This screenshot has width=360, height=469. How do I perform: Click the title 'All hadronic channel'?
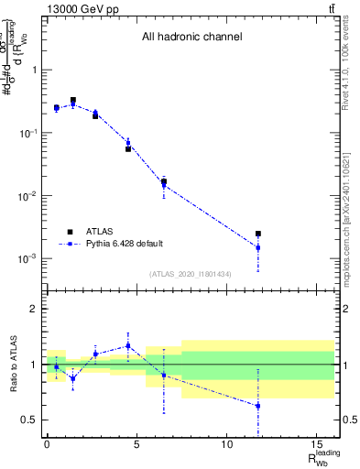pyautogui.click(x=191, y=38)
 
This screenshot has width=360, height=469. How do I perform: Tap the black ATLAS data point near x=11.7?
pyautogui.click(x=258, y=234)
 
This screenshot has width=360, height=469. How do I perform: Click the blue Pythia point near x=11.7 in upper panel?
pyautogui.click(x=258, y=247)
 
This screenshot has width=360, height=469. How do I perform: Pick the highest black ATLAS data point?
pyautogui.click(x=73, y=101)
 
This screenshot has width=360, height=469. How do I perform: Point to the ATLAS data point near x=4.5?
pyautogui.click(x=128, y=148)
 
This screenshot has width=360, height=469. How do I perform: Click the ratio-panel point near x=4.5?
pyautogui.click(x=128, y=345)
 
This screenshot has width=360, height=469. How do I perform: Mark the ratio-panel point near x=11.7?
pyautogui.click(x=258, y=406)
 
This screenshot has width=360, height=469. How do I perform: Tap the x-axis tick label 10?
pyautogui.click(x=226, y=444)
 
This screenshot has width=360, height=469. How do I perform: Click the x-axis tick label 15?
pyautogui.click(x=316, y=444)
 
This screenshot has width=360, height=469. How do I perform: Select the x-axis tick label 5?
pyautogui.click(x=136, y=444)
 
